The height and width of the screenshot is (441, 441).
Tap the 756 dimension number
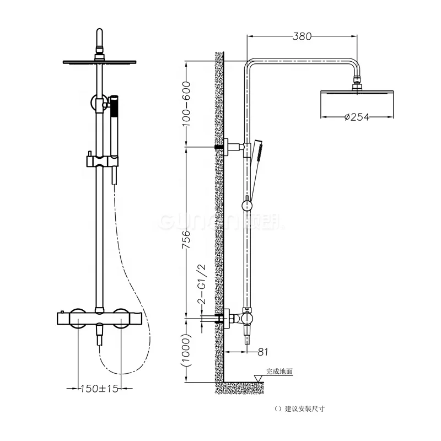[186, 240]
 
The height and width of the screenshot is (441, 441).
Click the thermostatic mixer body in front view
[99, 318]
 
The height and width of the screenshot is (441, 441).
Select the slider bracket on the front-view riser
[99, 161]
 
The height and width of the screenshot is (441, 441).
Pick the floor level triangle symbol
[257, 378]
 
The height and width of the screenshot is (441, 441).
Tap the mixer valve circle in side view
[247, 319]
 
